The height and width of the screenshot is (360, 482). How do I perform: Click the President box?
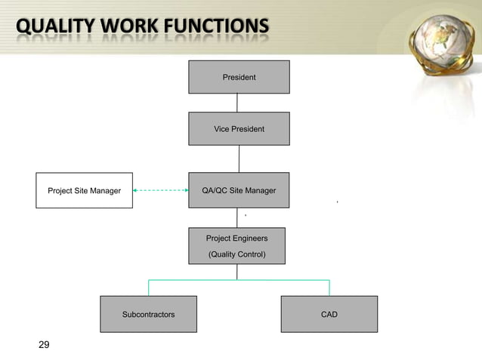tap(239, 77)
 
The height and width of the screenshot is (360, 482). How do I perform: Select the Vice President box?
tap(239, 129)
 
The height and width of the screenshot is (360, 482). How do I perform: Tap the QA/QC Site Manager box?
tap(239, 190)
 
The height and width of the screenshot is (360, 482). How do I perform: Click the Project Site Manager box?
tap(84, 190)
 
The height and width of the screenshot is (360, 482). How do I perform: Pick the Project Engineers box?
tap(236, 246)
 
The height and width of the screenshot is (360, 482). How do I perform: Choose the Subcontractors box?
tap(148, 314)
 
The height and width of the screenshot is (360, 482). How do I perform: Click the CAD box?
tap(329, 314)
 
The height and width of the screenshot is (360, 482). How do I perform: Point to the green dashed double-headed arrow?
tap(160, 191)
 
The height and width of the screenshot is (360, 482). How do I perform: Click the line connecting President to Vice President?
tap(239, 103)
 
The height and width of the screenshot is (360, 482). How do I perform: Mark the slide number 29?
tap(44, 345)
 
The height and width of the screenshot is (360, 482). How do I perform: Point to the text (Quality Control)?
tap(236, 254)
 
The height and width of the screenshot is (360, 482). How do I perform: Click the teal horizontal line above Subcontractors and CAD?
tap(239, 280)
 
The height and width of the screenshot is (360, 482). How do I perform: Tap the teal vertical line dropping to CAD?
tap(329, 288)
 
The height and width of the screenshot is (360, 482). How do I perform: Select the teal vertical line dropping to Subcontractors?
tap(148, 288)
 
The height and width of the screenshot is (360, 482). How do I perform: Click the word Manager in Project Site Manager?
tap(104, 191)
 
